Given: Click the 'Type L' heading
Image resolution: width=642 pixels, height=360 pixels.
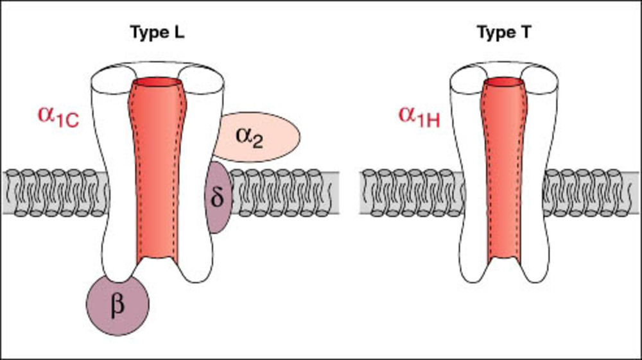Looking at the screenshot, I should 157,34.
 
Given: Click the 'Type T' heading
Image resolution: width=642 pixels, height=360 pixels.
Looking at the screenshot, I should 505,34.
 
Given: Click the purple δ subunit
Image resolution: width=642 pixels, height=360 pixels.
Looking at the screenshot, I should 218,196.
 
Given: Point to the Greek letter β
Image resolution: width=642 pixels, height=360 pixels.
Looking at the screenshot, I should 117,306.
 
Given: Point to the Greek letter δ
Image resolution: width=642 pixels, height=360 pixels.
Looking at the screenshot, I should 218,196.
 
